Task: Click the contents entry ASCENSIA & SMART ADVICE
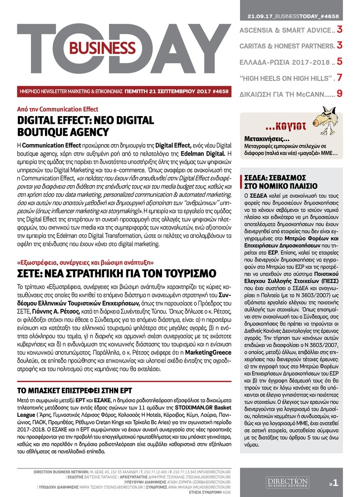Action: coord(285,30)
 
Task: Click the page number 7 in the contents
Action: coord(340,77)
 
